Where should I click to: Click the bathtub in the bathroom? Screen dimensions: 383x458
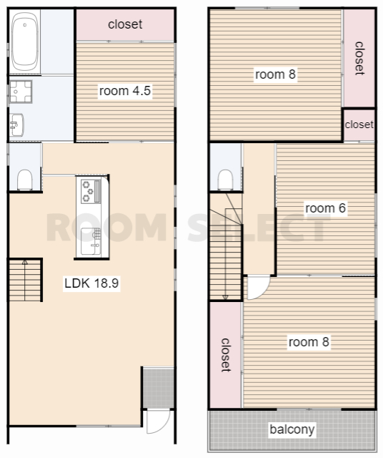click(x=25, y=42)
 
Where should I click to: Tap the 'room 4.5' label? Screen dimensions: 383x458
click(x=125, y=91)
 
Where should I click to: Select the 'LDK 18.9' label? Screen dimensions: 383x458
click(x=91, y=283)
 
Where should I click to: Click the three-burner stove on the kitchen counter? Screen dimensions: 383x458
click(x=91, y=191)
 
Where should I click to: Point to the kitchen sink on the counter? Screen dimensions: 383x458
click(x=91, y=241)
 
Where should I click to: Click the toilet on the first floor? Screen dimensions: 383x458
click(x=25, y=180)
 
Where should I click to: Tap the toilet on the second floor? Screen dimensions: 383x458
click(x=226, y=180)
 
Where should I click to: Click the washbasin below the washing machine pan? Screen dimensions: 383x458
click(x=16, y=125)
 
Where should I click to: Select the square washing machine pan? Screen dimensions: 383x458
click(x=21, y=92)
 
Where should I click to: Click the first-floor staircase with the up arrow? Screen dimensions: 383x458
click(x=25, y=280)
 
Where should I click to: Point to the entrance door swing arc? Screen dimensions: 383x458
click(x=159, y=422)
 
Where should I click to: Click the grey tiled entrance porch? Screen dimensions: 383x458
click(x=158, y=388)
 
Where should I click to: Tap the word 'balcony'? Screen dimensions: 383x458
click(x=292, y=429)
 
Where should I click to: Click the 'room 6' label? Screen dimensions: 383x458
click(x=325, y=208)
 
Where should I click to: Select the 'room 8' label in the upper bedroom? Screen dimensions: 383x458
click(x=275, y=74)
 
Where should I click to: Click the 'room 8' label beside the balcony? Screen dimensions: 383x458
click(x=309, y=342)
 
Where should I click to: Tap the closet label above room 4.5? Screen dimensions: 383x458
click(x=125, y=24)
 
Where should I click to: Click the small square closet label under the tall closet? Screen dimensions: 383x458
click(x=359, y=125)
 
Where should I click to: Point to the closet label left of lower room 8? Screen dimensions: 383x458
click(x=226, y=355)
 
